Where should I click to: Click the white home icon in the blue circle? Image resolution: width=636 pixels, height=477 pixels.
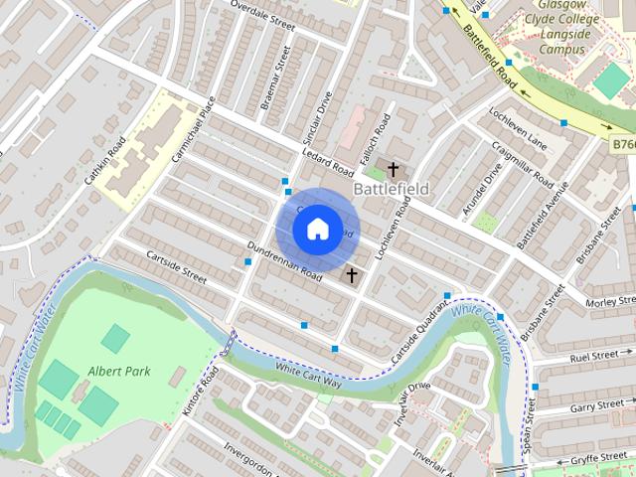(317, 229)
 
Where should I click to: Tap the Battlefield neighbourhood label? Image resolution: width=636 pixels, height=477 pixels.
(392, 188)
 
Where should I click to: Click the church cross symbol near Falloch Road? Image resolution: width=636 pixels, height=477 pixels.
(394, 169)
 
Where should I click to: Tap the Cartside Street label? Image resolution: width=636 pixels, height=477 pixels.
(175, 266)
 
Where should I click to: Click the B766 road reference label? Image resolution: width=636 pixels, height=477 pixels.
(622, 145)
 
